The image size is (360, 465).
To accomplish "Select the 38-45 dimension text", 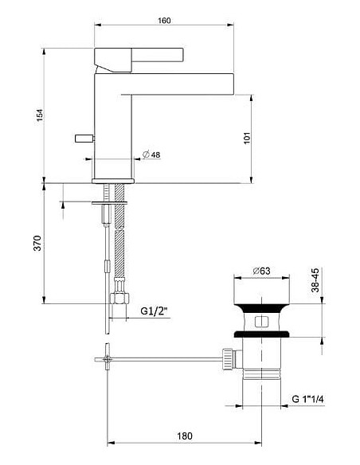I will point(315,281).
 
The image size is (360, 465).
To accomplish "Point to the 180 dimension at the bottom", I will point(184,436).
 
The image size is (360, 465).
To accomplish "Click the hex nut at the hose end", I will point(119,300).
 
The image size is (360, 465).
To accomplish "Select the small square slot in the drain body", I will point(260,323).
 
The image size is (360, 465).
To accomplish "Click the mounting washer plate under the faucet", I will point(112,204).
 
